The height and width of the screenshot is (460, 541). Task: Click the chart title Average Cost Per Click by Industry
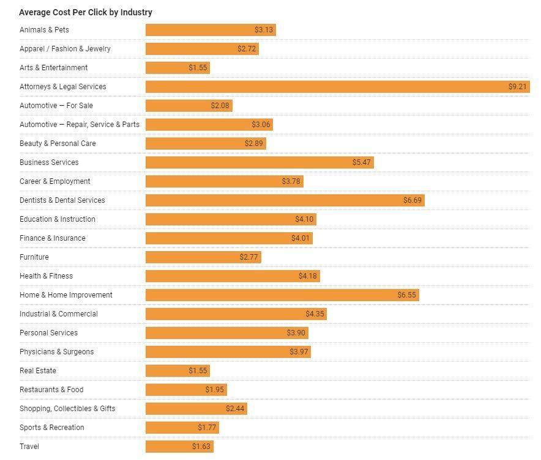pos(86,12)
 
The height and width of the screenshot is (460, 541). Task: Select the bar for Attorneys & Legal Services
pos(337,87)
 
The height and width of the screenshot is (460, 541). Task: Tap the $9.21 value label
pos(517,87)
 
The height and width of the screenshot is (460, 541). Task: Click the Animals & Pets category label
pos(44,30)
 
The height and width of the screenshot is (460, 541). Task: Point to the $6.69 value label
pos(412,200)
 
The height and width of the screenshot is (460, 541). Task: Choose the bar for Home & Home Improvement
pos(282,295)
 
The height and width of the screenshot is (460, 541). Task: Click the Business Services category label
pos(49,162)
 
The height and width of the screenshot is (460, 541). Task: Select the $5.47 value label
pos(361,162)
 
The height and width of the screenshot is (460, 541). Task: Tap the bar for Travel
pos(179,447)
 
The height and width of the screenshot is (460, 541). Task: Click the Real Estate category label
pos(38,371)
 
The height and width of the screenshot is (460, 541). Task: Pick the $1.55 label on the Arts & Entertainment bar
pos(198,68)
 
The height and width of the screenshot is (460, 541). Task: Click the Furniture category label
pos(34,257)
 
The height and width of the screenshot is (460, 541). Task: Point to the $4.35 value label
pos(315,314)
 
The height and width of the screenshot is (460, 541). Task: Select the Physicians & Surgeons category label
pos(57,352)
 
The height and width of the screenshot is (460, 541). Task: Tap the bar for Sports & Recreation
pos(182,428)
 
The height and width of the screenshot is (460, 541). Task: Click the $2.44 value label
pos(235,409)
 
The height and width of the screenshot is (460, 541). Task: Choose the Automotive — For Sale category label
pos(56,106)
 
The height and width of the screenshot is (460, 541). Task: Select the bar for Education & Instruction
pos(231,219)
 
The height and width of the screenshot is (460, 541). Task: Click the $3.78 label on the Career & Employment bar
pos(291,181)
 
